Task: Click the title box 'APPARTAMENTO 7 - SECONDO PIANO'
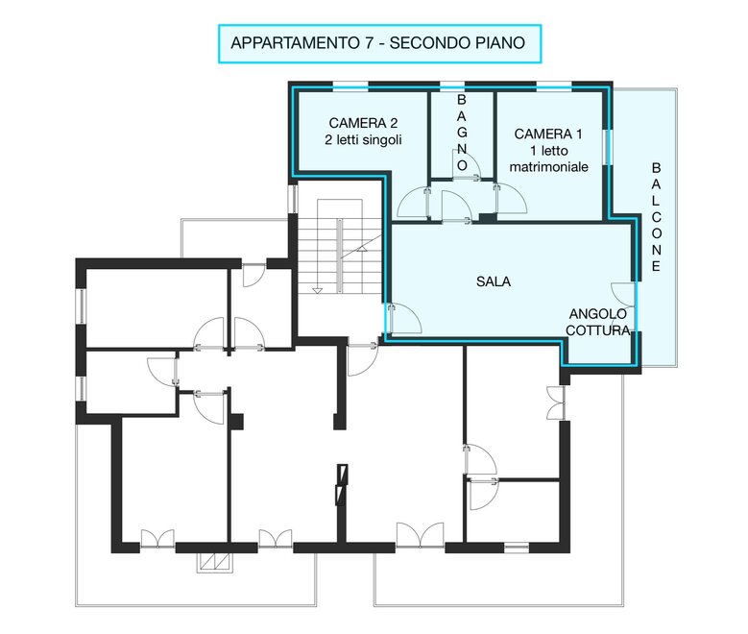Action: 379,43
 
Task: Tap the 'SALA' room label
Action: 494,281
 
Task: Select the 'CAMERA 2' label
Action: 363,123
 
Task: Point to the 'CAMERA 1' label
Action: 548,134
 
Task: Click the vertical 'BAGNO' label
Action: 462,133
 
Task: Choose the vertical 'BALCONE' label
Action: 657,217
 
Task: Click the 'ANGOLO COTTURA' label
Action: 598,322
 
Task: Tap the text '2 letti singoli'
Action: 363,140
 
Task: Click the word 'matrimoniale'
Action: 548,167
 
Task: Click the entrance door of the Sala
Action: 403,318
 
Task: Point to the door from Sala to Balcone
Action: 623,295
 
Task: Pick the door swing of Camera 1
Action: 511,199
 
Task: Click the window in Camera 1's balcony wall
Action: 607,148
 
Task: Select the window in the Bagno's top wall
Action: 452,86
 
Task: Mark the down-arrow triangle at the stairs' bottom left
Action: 317,291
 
